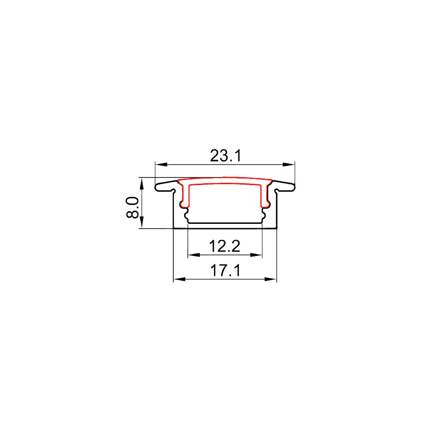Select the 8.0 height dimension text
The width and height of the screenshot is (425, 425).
click(133, 208)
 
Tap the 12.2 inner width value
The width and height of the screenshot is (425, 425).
click(225, 246)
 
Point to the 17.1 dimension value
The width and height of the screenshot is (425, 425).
click(225, 271)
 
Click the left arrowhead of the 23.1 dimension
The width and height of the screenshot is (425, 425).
click(161, 164)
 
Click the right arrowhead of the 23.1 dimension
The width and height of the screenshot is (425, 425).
click(289, 164)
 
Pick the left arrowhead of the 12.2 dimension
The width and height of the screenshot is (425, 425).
click(194, 255)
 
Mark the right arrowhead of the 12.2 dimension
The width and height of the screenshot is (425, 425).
click(256, 255)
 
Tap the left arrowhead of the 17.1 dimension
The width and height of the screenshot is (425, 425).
click(179, 279)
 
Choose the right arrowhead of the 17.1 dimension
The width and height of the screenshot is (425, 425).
click(271, 279)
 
